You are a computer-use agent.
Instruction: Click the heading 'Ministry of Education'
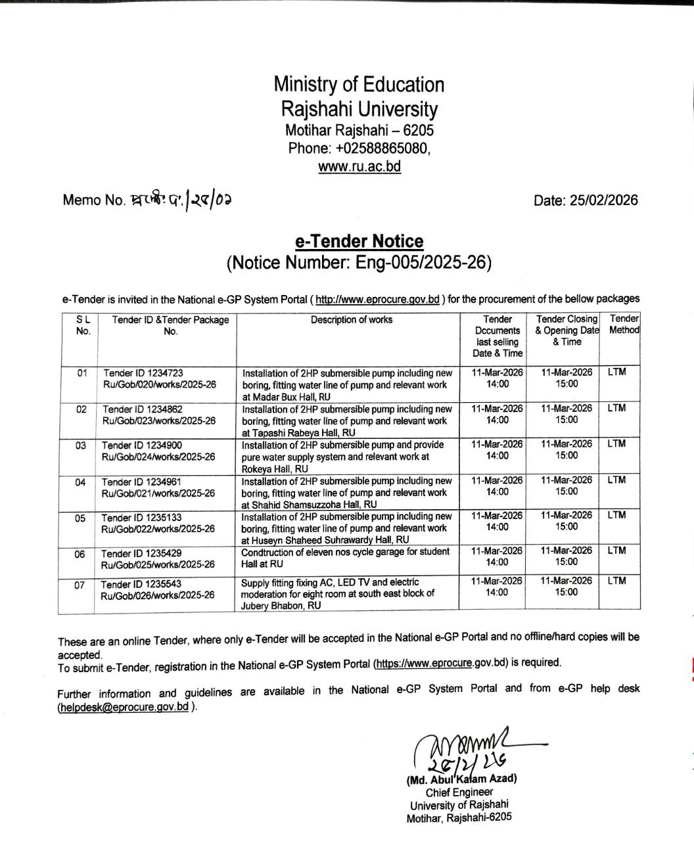coord(359,85)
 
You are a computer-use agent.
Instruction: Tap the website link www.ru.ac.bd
coord(359,166)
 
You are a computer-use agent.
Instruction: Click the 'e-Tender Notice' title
coord(359,241)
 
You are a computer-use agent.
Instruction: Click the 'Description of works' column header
coord(352,320)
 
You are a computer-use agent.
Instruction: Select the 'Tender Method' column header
coord(624,325)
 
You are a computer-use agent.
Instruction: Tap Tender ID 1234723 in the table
coord(137,373)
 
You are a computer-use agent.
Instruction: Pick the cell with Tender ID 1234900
coord(137,445)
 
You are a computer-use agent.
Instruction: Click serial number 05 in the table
coord(80,518)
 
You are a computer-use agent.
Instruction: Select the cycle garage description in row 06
coord(345,557)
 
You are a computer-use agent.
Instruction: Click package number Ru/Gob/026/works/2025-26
coord(158,595)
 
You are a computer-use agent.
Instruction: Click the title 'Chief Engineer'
coord(459,792)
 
